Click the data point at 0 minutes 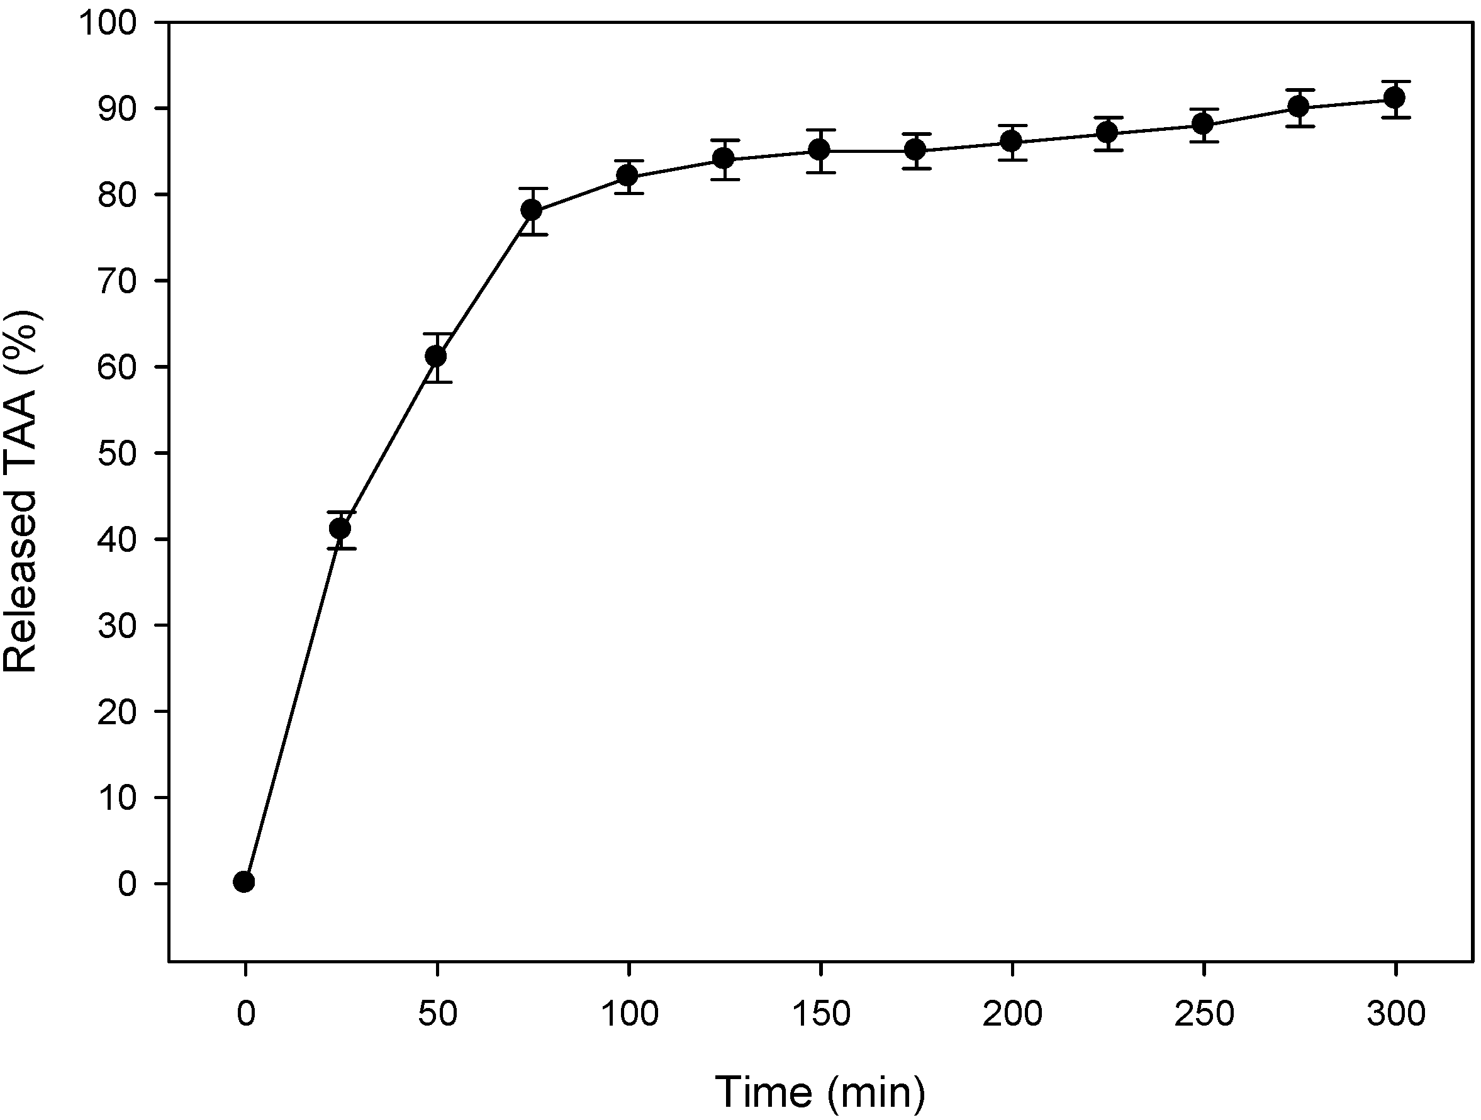click(243, 882)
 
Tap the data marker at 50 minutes click(436, 356)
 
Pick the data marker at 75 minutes click(532, 210)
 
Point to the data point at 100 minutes click(627, 176)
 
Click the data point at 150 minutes click(820, 149)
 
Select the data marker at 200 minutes click(1011, 141)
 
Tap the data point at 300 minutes click(1395, 98)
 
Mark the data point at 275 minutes click(1299, 106)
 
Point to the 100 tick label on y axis click(107, 23)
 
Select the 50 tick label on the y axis click(116, 453)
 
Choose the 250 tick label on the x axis click(1203, 1014)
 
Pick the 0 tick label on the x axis click(246, 1014)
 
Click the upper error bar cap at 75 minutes click(532, 189)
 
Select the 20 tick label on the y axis click(116, 712)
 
